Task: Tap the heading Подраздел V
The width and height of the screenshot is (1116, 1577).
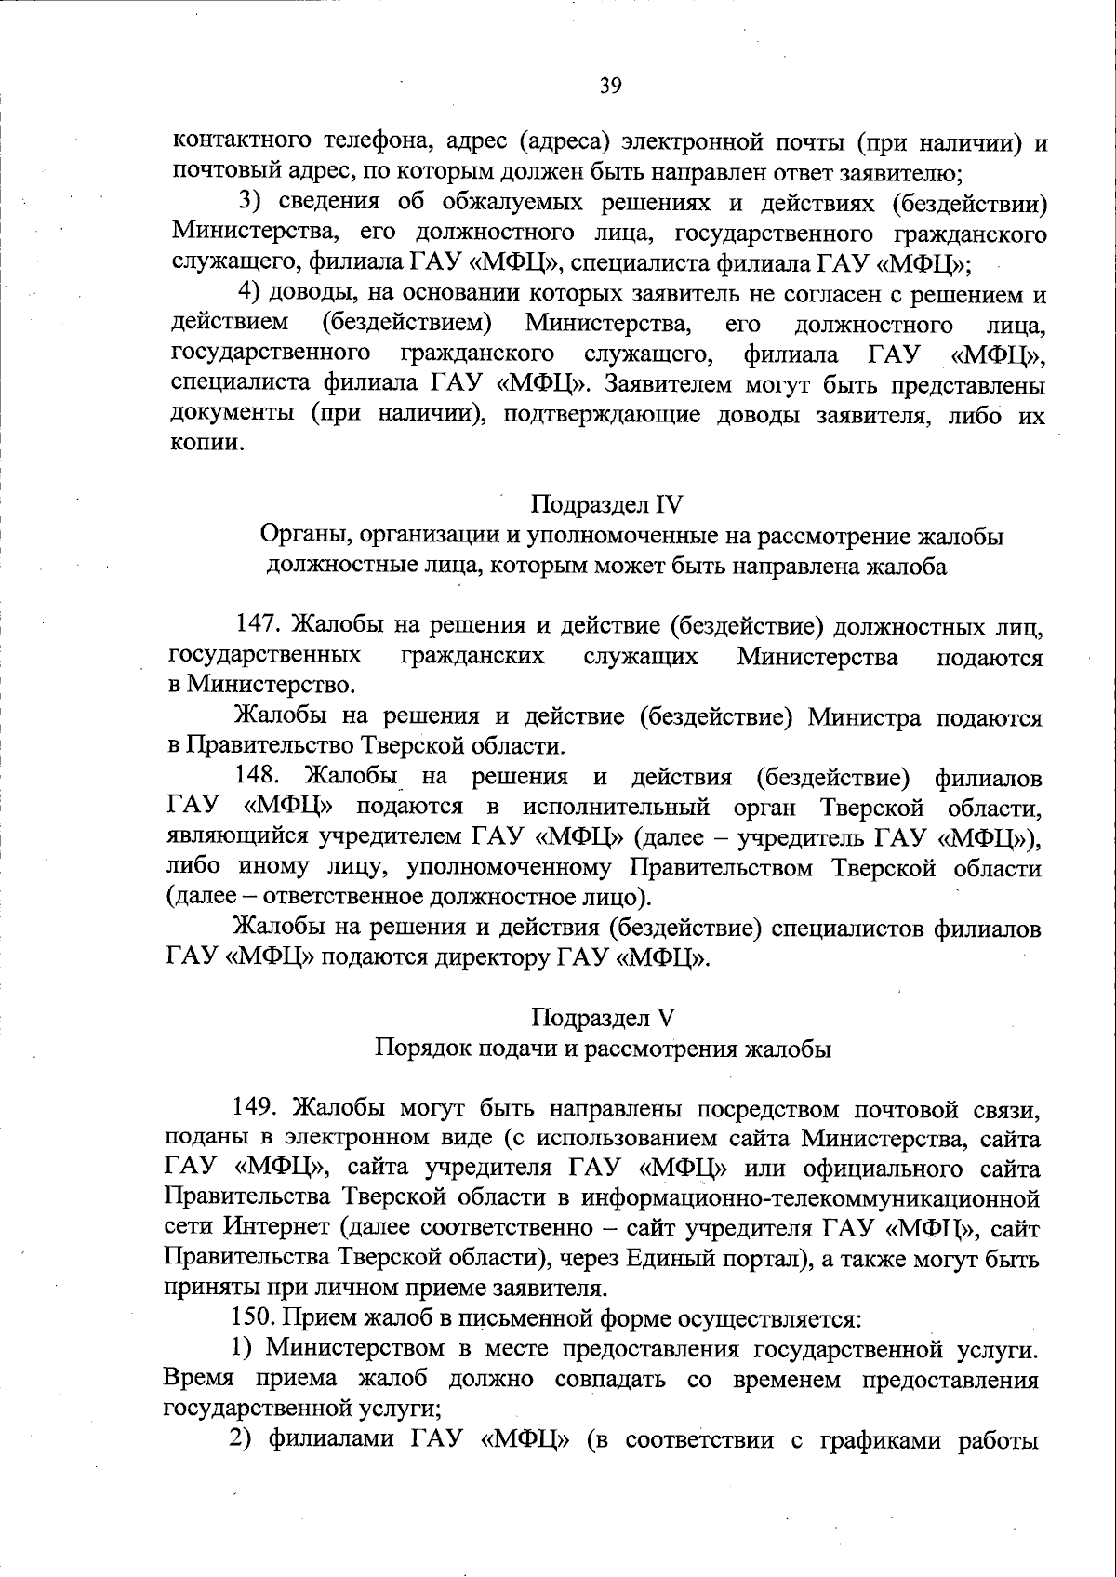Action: pos(603,1018)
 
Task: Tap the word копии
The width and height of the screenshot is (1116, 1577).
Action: pos(208,445)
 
